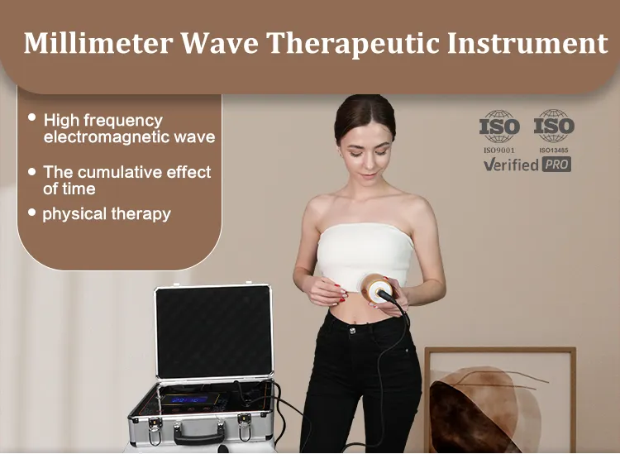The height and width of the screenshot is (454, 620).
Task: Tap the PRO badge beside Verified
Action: (x=556, y=164)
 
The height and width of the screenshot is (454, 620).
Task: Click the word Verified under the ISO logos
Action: (x=511, y=164)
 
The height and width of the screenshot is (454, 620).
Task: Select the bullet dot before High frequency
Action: (x=31, y=118)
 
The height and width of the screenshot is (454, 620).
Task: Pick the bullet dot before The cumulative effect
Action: (x=31, y=171)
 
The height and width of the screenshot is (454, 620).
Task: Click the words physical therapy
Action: (x=106, y=213)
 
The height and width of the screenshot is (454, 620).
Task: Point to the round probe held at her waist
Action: (x=384, y=290)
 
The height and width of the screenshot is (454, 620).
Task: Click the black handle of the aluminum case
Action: (x=199, y=435)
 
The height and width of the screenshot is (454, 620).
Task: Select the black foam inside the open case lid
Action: (x=213, y=330)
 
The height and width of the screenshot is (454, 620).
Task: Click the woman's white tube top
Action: (x=364, y=252)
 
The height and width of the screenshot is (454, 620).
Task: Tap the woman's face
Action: (x=365, y=150)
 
